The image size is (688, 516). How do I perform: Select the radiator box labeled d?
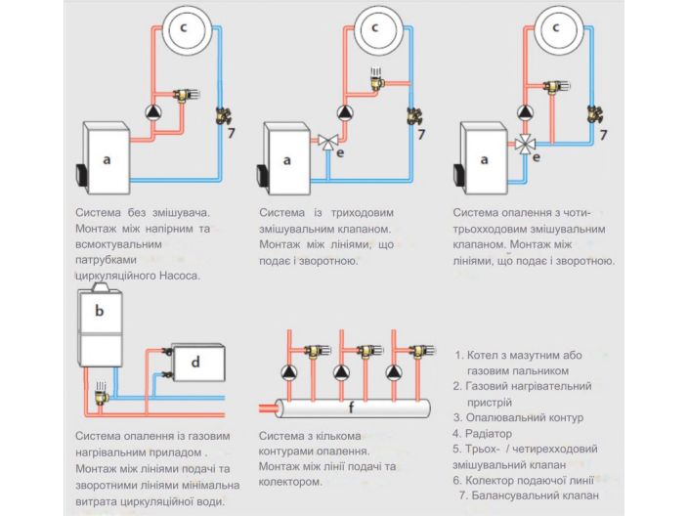tap(196, 362)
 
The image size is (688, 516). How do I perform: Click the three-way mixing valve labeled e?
tap(327, 141)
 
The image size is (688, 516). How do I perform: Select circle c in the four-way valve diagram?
tap(555, 30)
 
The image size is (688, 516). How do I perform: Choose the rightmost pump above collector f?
tap(395, 371)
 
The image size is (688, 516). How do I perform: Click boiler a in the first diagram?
tap(106, 157)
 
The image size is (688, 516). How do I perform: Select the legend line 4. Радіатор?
tap(490, 433)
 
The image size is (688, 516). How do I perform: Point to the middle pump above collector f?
tap(344, 371)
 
